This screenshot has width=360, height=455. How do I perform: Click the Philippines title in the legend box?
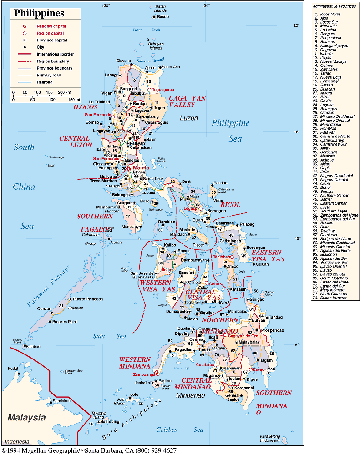pos(39,13)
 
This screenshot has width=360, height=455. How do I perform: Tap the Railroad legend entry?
pos(42,82)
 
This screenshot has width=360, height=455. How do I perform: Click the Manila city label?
pos(141,167)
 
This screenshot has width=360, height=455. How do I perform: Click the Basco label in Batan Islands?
pos(163,17)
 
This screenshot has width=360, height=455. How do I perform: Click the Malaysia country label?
pos(26,417)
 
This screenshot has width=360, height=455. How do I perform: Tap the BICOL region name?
pos(230,205)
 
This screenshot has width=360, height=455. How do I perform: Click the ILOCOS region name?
pos(85,106)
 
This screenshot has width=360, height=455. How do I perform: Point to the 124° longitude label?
pos(206,6)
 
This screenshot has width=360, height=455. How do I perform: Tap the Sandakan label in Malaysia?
pos(62,401)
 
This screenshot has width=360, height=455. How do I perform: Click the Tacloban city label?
pos(223,257)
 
